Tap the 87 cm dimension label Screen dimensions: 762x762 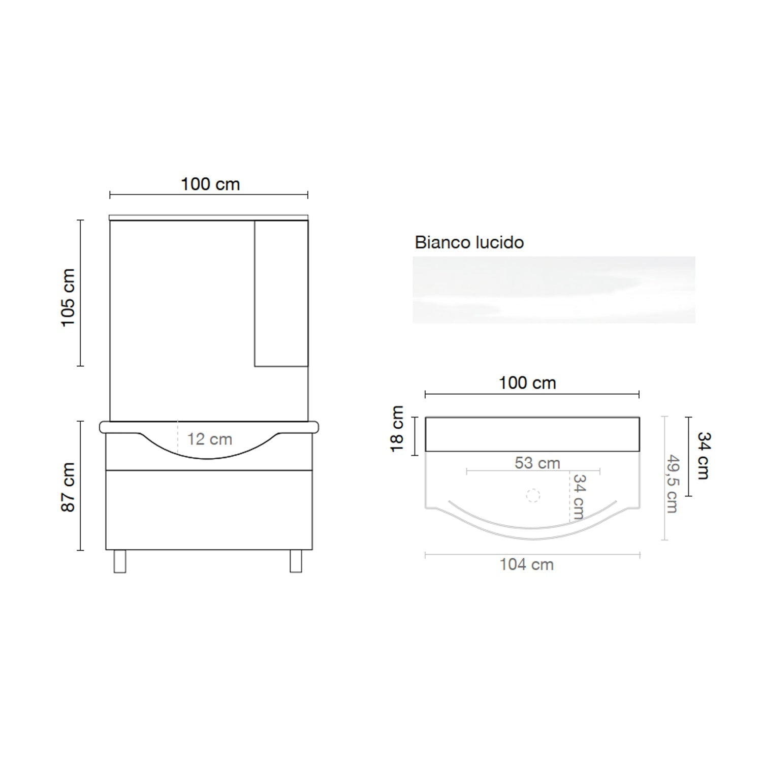coord(68,487)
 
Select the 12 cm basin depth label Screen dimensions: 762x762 coord(209,439)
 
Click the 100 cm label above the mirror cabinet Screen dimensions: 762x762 coord(210,184)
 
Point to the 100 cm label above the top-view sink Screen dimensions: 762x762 coord(527,383)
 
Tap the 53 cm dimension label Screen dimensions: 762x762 coord(537,463)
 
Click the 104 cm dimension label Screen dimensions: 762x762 coord(526,564)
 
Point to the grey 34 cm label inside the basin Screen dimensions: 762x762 coord(579,496)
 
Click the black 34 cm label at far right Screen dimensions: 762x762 coord(704,455)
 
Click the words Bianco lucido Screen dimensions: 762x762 coord(469,242)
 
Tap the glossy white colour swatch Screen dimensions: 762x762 coord(554,290)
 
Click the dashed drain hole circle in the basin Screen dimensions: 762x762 coord(533,496)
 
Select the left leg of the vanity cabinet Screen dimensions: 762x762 coord(120,561)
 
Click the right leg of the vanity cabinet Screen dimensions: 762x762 coord(296,561)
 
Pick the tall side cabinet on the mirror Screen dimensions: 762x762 coord(281,293)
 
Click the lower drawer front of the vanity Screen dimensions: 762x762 coord(209,510)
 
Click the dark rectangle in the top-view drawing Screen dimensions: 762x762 coord(532,434)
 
